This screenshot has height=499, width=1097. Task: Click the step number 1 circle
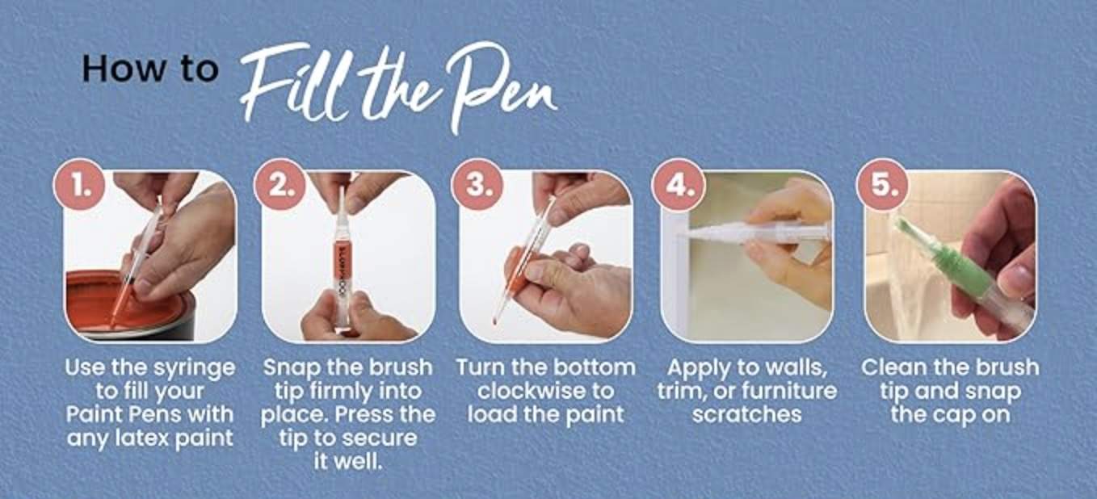tap(79, 184)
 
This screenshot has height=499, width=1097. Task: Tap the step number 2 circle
tap(280, 184)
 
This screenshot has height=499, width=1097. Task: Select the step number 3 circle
tap(477, 184)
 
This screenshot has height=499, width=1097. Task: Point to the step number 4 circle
tap(679, 184)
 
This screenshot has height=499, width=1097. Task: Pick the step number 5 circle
tap(882, 184)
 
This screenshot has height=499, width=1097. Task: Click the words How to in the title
tap(150, 69)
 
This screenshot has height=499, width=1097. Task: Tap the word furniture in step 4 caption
tap(789, 391)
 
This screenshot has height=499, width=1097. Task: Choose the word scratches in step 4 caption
tap(747, 414)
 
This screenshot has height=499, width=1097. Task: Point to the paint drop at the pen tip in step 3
tap(495, 321)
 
